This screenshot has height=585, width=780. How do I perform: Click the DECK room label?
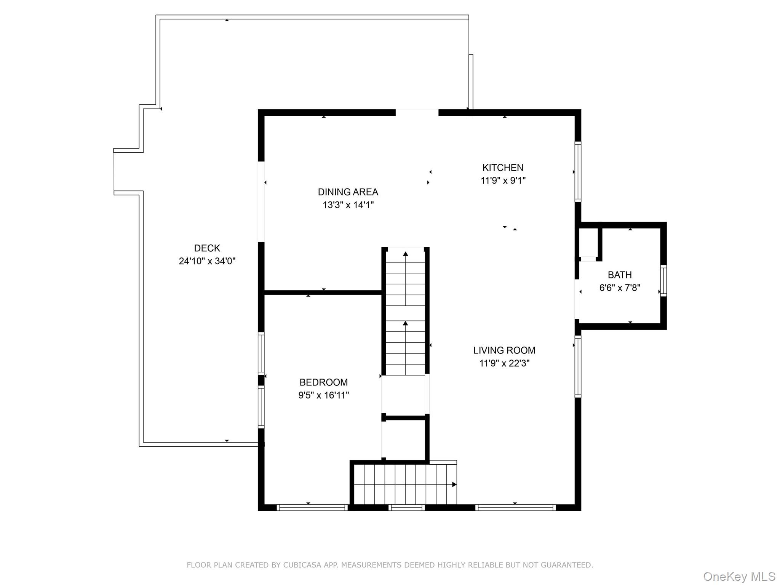point(207,248)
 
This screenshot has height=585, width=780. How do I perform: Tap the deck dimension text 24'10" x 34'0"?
point(207,261)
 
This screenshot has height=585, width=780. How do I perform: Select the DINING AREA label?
point(348,192)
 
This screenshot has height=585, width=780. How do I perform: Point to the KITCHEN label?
point(502,168)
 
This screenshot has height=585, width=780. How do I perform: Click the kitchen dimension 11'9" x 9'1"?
point(503,181)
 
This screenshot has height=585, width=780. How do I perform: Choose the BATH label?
point(619,275)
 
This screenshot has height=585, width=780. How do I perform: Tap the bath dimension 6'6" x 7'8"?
point(619,288)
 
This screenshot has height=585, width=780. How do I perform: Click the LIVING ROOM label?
point(504,350)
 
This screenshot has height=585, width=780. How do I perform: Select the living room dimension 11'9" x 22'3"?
point(504,363)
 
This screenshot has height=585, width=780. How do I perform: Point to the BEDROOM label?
point(323,382)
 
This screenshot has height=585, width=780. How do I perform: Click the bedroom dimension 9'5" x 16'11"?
point(323,395)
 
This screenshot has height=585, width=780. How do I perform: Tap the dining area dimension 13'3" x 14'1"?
point(348,205)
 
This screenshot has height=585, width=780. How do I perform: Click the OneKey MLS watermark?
point(739,576)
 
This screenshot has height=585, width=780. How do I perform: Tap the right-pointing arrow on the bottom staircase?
point(454,484)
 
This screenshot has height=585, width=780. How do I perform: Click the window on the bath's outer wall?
point(663,281)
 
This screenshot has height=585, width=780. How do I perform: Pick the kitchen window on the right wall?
point(578,172)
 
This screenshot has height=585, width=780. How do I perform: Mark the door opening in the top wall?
point(417,112)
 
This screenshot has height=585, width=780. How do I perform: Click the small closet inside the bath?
point(588,243)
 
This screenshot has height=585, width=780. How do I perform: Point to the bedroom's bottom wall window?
point(312,507)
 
